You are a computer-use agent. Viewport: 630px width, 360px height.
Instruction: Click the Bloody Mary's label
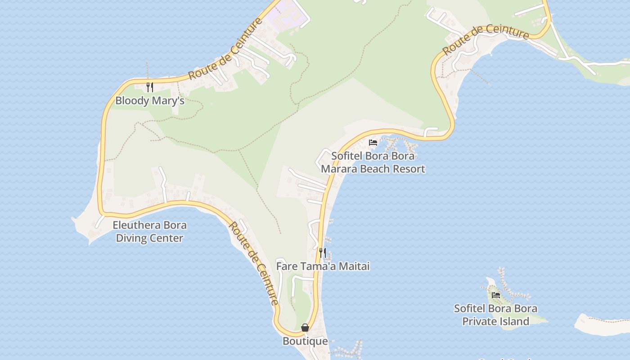tap(150, 100)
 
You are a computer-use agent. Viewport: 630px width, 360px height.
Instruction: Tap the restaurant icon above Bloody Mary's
tap(150, 87)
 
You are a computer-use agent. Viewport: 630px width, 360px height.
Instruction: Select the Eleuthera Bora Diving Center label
tap(149, 232)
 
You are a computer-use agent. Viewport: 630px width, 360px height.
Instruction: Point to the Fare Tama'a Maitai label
tap(323, 266)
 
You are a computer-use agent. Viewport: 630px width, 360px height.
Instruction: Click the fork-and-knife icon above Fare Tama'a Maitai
tap(322, 252)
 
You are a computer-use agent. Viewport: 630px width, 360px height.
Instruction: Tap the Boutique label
tap(305, 341)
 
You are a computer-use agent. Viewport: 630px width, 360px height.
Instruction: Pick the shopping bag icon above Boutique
tap(305, 328)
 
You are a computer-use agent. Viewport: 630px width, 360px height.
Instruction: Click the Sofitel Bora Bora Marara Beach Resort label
tap(373, 162)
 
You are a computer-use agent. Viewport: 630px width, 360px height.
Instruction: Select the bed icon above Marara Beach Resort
tap(373, 143)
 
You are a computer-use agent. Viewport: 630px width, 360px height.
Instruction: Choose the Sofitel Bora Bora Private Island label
tap(495, 315)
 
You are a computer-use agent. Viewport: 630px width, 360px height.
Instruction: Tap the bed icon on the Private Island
tap(496, 295)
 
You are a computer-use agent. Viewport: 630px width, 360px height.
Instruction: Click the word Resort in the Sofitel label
tap(409, 169)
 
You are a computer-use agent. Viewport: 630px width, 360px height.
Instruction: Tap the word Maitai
tap(354, 266)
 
